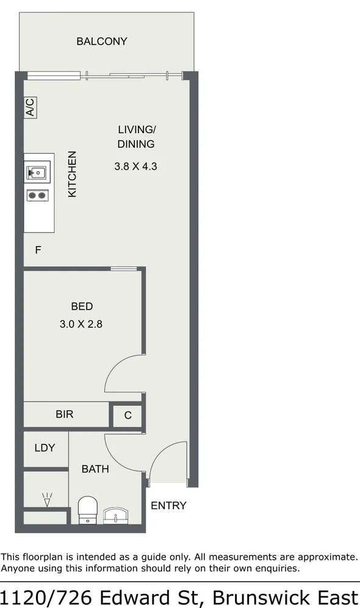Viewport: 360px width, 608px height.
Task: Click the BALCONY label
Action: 102,42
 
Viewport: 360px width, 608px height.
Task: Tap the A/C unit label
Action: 30,108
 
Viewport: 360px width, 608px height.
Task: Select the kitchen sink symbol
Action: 36,173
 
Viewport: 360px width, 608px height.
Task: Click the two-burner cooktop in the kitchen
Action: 37,195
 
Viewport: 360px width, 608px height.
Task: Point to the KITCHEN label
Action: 72,174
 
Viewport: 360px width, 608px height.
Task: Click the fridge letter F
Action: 38,250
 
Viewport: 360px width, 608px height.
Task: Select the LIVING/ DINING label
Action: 137,137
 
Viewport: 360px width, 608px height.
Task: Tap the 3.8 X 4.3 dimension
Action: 136,165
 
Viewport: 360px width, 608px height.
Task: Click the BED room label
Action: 82,306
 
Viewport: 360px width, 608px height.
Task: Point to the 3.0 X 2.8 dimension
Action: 81,324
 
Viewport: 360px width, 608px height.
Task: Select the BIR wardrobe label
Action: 65,414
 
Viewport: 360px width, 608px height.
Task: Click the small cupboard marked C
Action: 128,416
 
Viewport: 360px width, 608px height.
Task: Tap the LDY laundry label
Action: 45,448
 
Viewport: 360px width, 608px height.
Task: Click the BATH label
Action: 95,469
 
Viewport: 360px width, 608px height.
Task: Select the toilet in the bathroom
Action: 88,510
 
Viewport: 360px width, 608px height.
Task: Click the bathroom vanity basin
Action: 117,516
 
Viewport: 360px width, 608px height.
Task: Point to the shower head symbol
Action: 47,499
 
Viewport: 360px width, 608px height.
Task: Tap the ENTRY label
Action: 168,505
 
